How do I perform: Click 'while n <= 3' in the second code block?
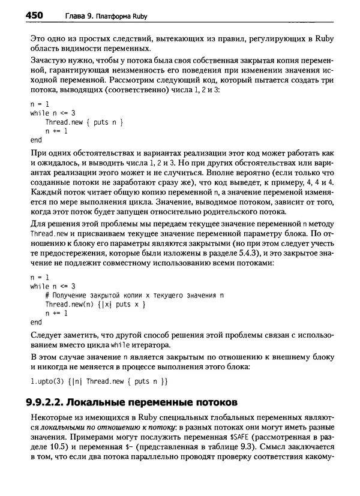pyautogui.click(x=53, y=286)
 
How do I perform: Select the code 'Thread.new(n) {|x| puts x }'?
pyautogui.click(x=95, y=304)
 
